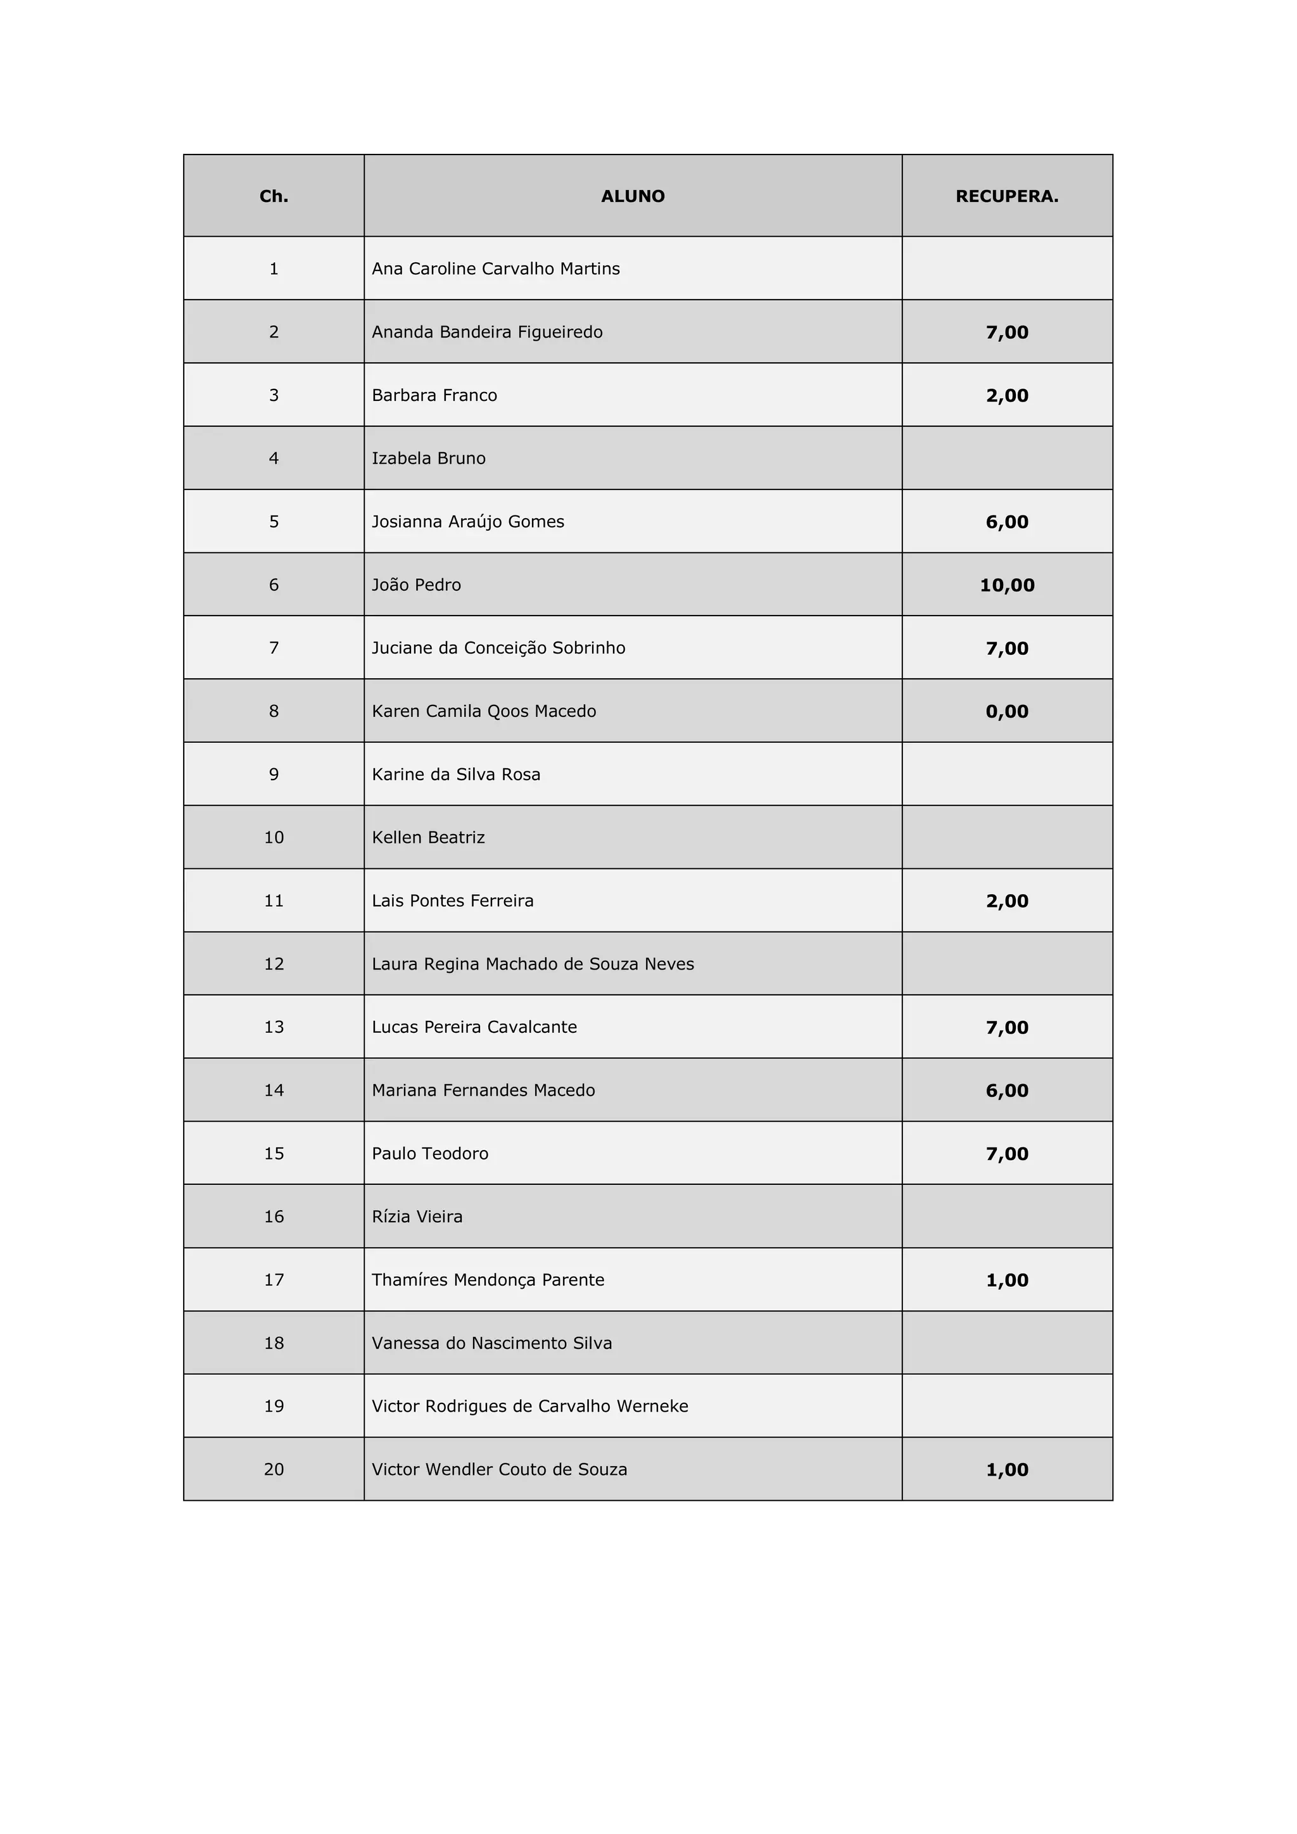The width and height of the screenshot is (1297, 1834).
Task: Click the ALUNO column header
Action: (x=633, y=196)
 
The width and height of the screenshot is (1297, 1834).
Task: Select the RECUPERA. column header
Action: (x=1006, y=196)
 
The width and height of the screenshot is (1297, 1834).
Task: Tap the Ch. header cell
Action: (x=274, y=196)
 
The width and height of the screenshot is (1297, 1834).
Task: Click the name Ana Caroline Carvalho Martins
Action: (x=495, y=269)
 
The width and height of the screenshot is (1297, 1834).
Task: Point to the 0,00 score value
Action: (x=1006, y=711)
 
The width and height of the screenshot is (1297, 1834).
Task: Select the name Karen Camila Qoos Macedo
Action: (x=483, y=711)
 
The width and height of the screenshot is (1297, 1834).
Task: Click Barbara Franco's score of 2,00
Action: (x=1006, y=395)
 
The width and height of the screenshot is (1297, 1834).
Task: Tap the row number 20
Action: (x=274, y=1469)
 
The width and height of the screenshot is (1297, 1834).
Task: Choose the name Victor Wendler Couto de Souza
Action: (x=499, y=1469)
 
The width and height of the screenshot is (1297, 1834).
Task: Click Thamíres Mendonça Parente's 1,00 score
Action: (x=1006, y=1280)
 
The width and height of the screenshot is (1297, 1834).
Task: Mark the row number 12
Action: (x=274, y=963)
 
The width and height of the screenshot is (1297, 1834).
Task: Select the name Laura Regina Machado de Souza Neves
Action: (x=533, y=963)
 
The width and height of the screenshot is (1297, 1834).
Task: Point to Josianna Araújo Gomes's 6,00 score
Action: (x=1006, y=522)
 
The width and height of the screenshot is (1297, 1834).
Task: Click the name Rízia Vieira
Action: (x=417, y=1217)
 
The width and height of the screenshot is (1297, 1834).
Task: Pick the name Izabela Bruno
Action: (x=428, y=458)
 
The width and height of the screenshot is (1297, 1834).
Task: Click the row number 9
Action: (x=274, y=774)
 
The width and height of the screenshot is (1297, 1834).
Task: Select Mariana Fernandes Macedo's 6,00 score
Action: (x=1006, y=1091)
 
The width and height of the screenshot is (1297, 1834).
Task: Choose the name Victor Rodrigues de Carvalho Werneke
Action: (x=529, y=1406)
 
